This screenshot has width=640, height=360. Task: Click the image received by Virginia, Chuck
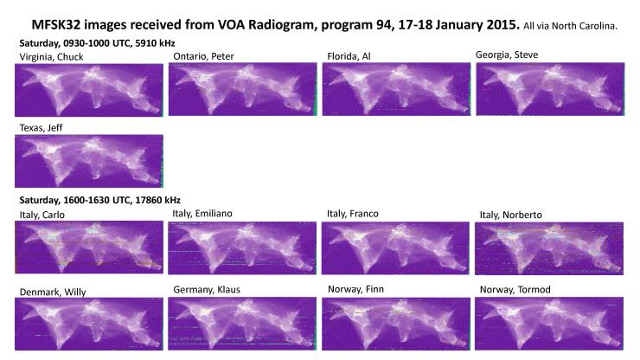tap(89, 90)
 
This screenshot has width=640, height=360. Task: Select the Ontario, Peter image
tap(243, 89)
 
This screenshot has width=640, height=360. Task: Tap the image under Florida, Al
tap(396, 89)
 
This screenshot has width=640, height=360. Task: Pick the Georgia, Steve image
tap(550, 89)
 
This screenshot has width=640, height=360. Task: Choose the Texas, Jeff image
tap(89, 161)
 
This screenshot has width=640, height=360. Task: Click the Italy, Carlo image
tap(89, 247)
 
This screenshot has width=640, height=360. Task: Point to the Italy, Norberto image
tap(549, 248)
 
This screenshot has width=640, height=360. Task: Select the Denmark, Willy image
tap(89, 324)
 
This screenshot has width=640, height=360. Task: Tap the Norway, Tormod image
tap(549, 324)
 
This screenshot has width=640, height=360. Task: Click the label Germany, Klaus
tap(207, 290)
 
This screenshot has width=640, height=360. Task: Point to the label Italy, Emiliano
tap(202, 213)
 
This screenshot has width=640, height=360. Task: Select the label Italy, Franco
tap(353, 214)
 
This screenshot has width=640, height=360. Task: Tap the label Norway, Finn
tap(355, 289)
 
